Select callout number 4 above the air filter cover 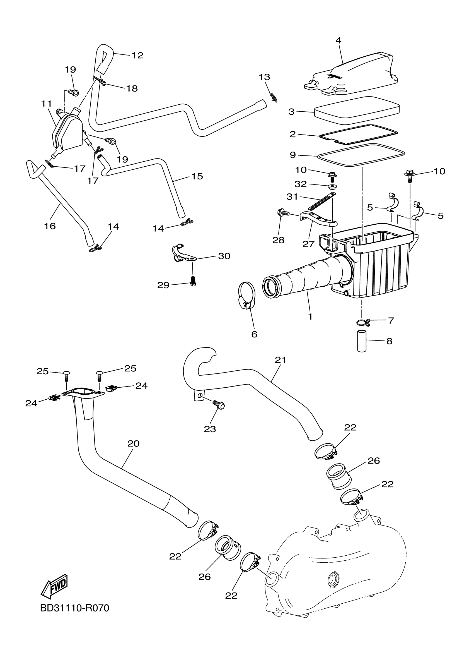click(x=338, y=40)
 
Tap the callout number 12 click(x=137, y=55)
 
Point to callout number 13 click(x=264, y=77)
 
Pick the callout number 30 click(x=224, y=256)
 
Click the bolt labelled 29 click(x=193, y=280)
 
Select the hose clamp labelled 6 click(x=247, y=295)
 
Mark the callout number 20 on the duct click(x=133, y=443)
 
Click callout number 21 click(x=280, y=360)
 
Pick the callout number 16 click(x=50, y=226)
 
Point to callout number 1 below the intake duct click(x=310, y=316)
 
